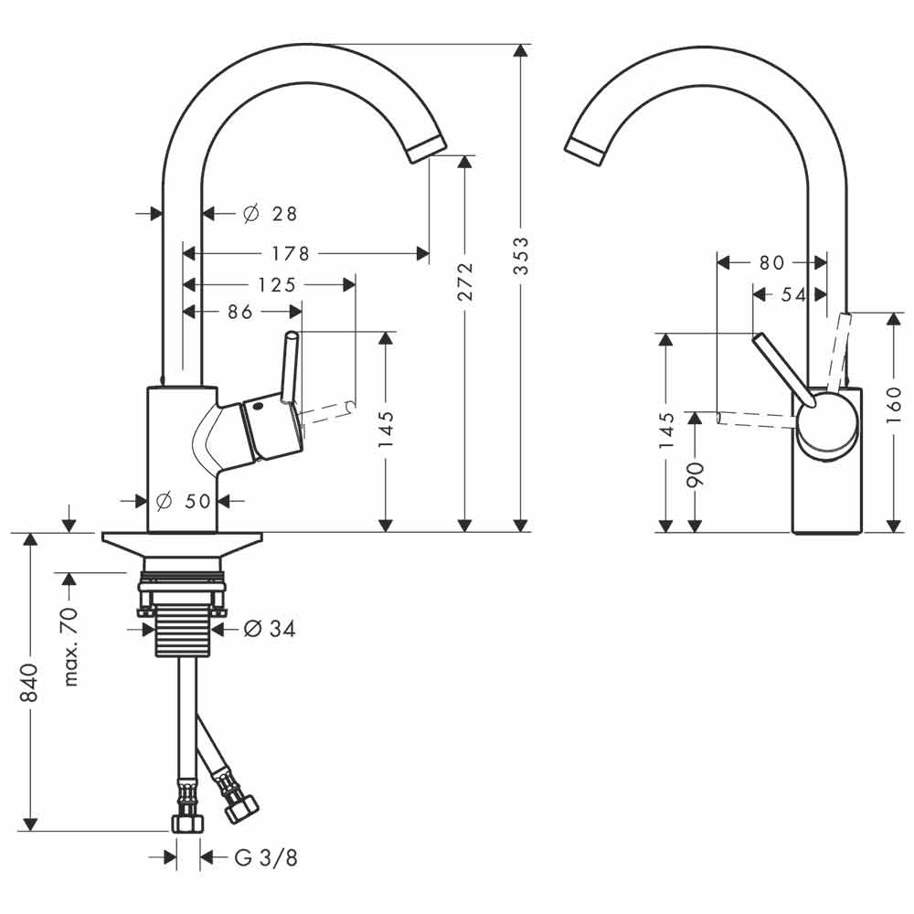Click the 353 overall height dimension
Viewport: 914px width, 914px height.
521,255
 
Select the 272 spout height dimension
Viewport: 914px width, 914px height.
465,281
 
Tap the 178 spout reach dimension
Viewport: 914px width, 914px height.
291,253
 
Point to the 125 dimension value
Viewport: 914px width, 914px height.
277,284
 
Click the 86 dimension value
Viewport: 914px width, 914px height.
240,312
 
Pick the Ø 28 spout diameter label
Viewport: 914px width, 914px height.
270,214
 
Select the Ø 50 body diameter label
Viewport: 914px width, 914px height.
184,500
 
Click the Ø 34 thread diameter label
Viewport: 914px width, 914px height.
270,629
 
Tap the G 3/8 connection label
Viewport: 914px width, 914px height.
266,857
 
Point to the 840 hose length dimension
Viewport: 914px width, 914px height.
29,682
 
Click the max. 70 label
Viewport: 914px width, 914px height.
70,647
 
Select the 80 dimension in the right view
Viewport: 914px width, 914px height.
771,263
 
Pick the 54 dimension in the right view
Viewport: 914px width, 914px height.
794,295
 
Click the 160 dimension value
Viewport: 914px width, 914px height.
894,404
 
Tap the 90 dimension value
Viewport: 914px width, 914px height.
696,474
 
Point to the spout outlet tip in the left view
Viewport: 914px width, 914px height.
427,150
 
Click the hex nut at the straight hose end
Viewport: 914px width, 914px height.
187,823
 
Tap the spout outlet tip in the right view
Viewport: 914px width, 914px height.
585,152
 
